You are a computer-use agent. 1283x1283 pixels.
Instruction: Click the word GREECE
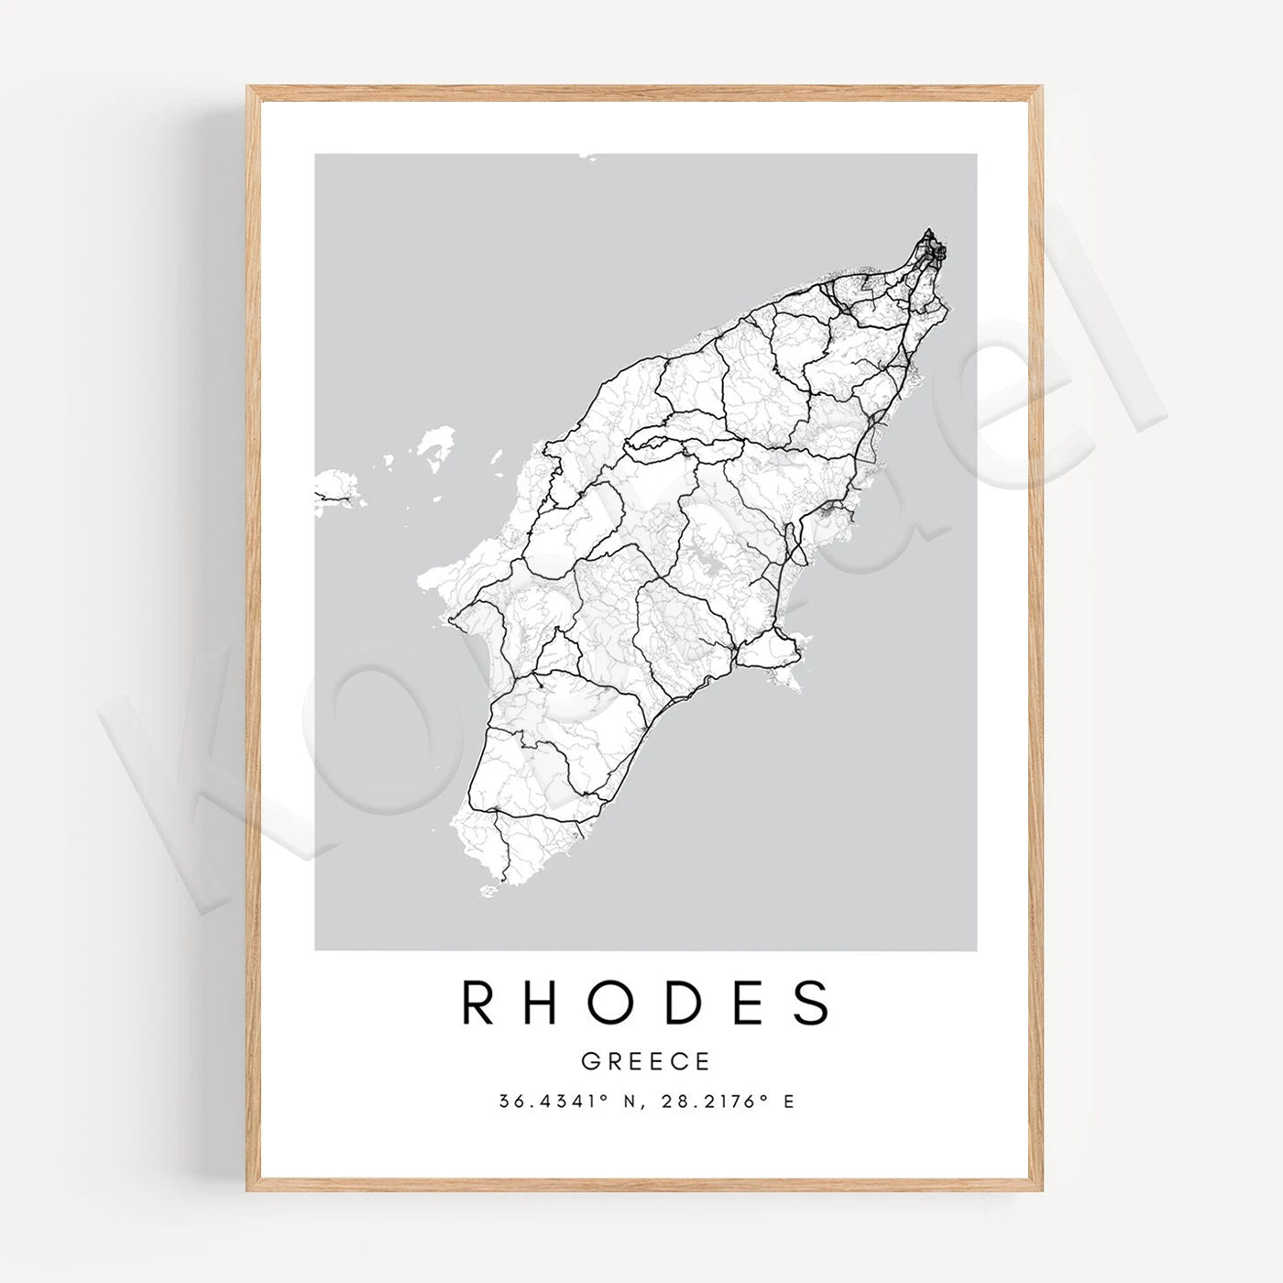click(645, 1061)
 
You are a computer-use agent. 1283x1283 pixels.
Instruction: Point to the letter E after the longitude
click(789, 1101)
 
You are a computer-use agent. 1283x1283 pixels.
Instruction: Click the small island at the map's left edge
click(335, 490)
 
